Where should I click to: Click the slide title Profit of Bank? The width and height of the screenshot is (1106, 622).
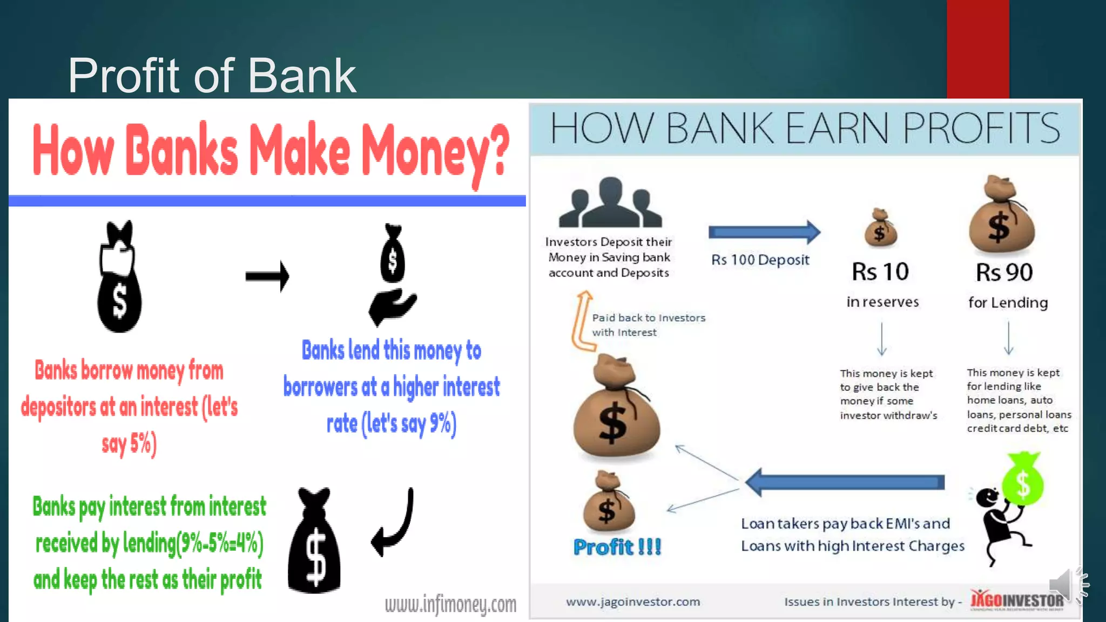coord(212,76)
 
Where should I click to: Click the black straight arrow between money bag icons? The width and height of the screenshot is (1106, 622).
coord(267,276)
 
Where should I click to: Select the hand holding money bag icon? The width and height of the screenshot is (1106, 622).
coord(393,275)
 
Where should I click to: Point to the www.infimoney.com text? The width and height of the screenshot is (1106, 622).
coord(450,604)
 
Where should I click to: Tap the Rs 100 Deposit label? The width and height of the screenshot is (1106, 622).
coord(760,260)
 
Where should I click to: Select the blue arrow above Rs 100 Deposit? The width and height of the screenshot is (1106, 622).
coord(764,232)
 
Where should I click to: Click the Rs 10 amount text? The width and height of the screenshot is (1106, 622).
coord(880,272)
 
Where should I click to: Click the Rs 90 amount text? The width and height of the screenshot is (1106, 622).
coord(1004,272)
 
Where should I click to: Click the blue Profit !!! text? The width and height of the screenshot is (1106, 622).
coord(617,547)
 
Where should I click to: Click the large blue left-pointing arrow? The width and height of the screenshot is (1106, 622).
coord(845,482)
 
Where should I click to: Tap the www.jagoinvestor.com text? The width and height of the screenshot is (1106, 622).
coord(633,601)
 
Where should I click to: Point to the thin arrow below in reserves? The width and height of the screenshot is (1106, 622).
coord(881,339)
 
